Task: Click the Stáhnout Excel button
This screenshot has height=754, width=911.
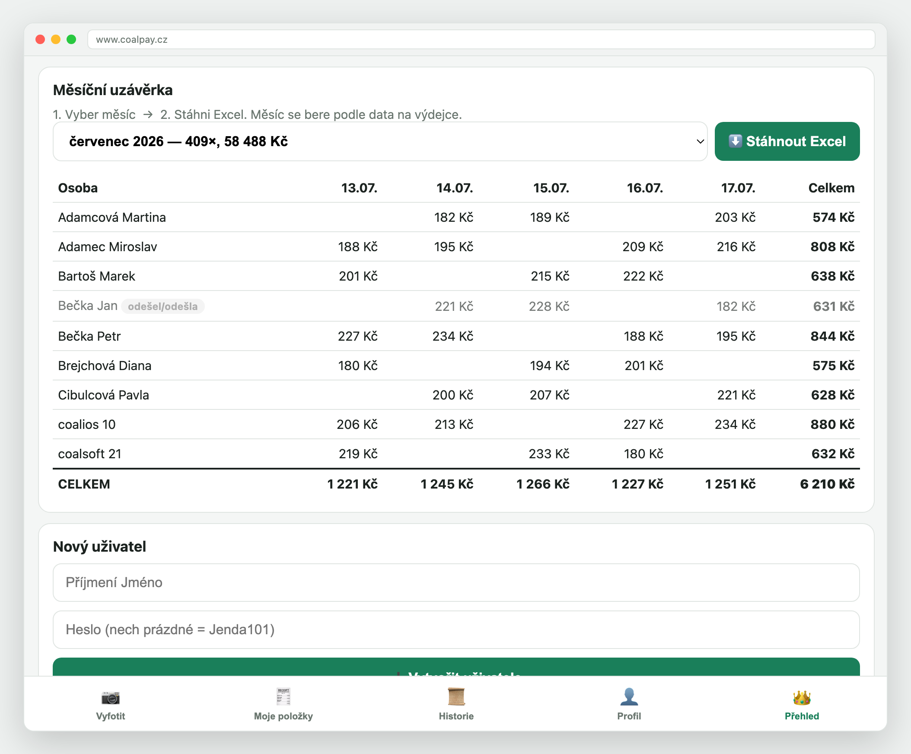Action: coord(787,141)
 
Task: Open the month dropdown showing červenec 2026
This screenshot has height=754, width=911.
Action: coord(380,141)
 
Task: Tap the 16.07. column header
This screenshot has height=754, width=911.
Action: coord(645,188)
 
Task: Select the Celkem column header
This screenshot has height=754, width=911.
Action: coord(831,188)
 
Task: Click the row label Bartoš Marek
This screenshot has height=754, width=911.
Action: coord(97,276)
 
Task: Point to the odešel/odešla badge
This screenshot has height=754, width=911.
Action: coord(162,306)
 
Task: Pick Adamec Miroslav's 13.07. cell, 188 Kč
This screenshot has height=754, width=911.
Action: coord(357,246)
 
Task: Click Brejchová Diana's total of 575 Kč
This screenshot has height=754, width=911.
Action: coord(833,365)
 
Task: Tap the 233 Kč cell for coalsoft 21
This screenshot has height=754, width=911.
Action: coord(549,454)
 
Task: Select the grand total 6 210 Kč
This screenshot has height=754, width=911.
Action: coord(827,484)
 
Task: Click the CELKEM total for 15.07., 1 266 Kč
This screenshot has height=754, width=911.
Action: coord(543,484)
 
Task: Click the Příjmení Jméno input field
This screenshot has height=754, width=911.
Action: coord(456,582)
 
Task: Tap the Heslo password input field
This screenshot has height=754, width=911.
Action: coord(456,630)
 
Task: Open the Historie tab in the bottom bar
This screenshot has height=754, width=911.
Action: coord(456,704)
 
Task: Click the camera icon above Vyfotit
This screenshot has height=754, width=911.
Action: coord(111,697)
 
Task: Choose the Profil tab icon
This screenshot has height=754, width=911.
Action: coord(629,697)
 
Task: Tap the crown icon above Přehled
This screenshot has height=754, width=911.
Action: coord(802,697)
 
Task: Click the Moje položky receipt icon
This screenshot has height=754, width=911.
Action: coord(283,697)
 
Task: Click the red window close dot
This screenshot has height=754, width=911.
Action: coord(40,39)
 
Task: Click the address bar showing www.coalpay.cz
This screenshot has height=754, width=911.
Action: coord(481,39)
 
